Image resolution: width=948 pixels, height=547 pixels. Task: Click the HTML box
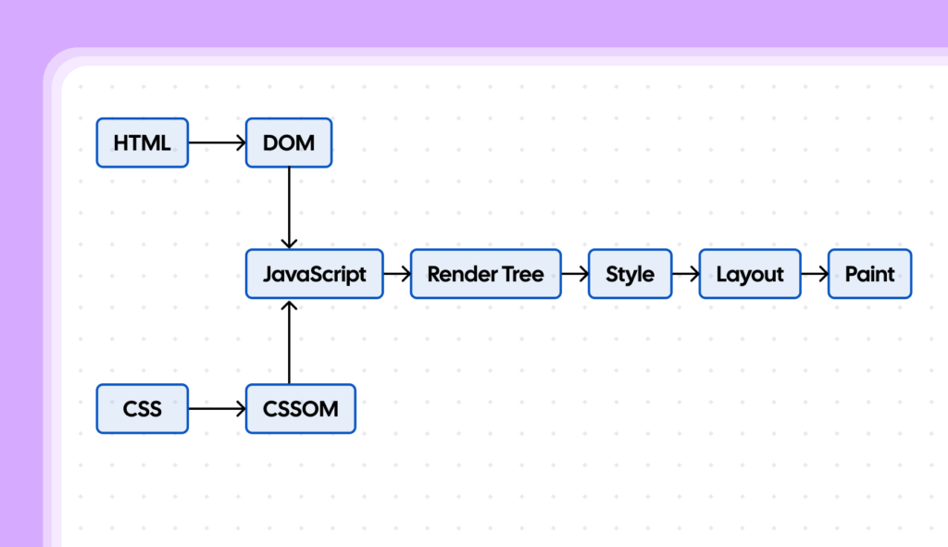[x=142, y=143]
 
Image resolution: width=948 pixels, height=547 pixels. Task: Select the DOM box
[x=288, y=143]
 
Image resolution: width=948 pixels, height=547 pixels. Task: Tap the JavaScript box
[x=314, y=274]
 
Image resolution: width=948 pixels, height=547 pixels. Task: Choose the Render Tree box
[x=485, y=274]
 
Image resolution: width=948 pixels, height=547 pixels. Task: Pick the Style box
[x=630, y=274]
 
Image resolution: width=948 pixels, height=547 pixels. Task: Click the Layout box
[x=750, y=274]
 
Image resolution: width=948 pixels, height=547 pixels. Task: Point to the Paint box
[x=869, y=274]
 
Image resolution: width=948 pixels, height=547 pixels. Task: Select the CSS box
[x=142, y=408]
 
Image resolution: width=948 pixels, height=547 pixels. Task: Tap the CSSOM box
[x=300, y=408]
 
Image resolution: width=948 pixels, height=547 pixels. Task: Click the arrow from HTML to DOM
[x=217, y=143]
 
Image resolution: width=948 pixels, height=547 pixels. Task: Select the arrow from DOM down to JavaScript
[x=290, y=208]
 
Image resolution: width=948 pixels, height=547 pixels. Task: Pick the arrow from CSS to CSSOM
[x=217, y=408]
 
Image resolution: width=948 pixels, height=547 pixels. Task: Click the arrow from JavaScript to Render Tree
[x=397, y=274]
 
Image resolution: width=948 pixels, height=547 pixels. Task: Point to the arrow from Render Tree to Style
[x=575, y=274]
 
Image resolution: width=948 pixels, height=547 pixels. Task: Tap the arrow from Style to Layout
[x=686, y=274]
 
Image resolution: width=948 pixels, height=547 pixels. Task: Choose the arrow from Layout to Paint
[x=815, y=274]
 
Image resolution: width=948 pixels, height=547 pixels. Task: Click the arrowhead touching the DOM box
[x=240, y=143]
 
